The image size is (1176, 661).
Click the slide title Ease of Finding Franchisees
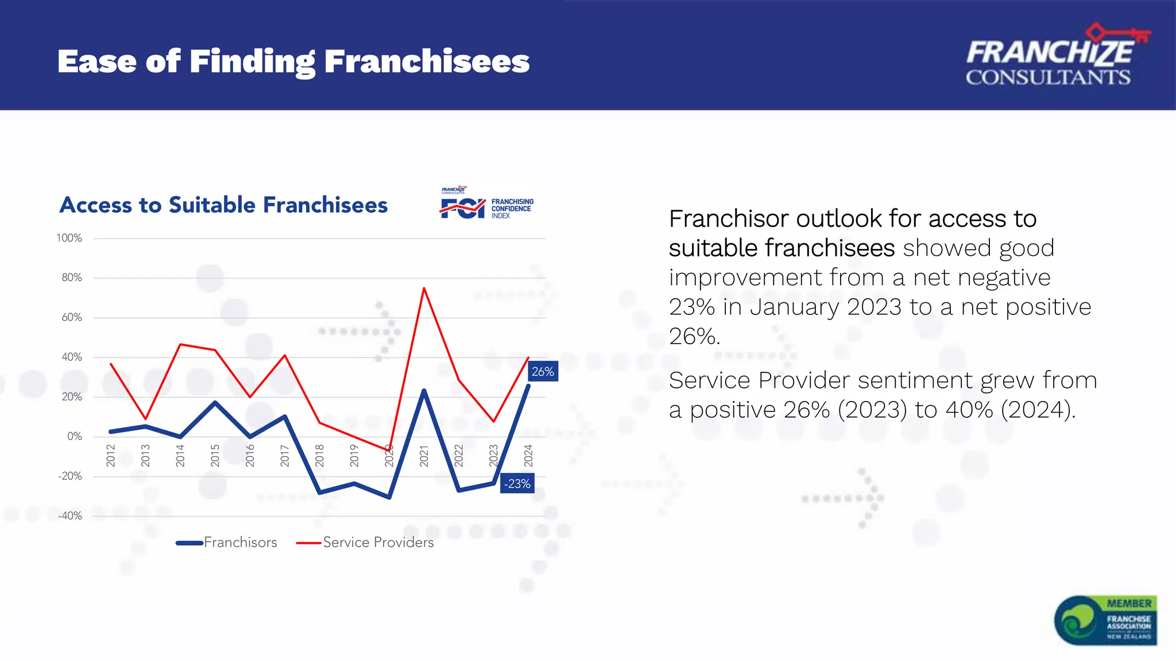[293, 61]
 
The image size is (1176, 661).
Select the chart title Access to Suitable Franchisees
[223, 205]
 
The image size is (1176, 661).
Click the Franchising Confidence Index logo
[487, 204]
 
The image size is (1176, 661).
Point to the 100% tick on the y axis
[69, 238]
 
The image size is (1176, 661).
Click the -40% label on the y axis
[70, 516]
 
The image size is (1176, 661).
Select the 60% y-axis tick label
[72, 317]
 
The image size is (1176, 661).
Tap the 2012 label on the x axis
[111, 455]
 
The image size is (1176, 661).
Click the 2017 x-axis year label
[285, 455]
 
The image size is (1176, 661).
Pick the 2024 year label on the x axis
[528, 455]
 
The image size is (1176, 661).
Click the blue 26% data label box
[543, 371]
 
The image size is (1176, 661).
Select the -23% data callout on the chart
[517, 484]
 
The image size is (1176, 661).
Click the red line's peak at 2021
[424, 288]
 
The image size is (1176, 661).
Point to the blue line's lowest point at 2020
[389, 497]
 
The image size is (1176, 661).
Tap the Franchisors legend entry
[227, 542]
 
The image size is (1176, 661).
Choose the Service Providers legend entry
[365, 542]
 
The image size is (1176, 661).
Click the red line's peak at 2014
[180, 344]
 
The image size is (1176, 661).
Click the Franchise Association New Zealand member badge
[1105, 620]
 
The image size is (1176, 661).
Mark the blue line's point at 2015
[215, 403]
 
